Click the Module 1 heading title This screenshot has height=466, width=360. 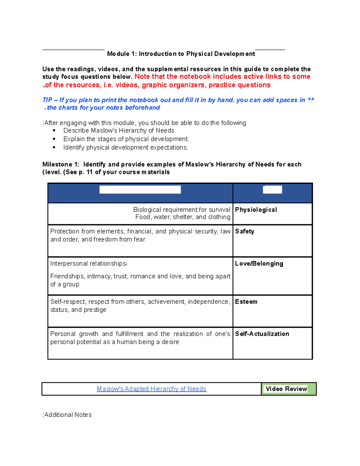[181, 54]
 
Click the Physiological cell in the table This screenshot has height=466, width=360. [256, 210]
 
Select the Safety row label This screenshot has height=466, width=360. [244, 231]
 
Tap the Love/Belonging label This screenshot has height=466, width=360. [259, 263]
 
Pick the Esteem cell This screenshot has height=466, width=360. [246, 302]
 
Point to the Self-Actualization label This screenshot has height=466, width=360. [262, 334]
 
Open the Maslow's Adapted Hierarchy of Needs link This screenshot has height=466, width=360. [151, 389]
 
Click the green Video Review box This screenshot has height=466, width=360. [286, 389]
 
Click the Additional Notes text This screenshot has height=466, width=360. [67, 415]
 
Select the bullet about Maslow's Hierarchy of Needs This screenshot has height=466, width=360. [119, 131]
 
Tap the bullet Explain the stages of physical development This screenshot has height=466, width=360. [126, 139]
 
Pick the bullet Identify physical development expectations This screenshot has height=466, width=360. [125, 147]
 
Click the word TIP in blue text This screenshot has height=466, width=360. [47, 100]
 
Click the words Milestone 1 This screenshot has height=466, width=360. [60, 164]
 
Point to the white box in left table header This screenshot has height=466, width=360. [140, 189]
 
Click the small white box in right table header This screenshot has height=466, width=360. [272, 189]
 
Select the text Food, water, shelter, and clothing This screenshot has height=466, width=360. [183, 217]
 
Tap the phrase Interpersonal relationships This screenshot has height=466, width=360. [88, 263]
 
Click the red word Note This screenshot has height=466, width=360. [142, 77]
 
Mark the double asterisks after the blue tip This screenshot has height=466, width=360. [311, 100]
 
